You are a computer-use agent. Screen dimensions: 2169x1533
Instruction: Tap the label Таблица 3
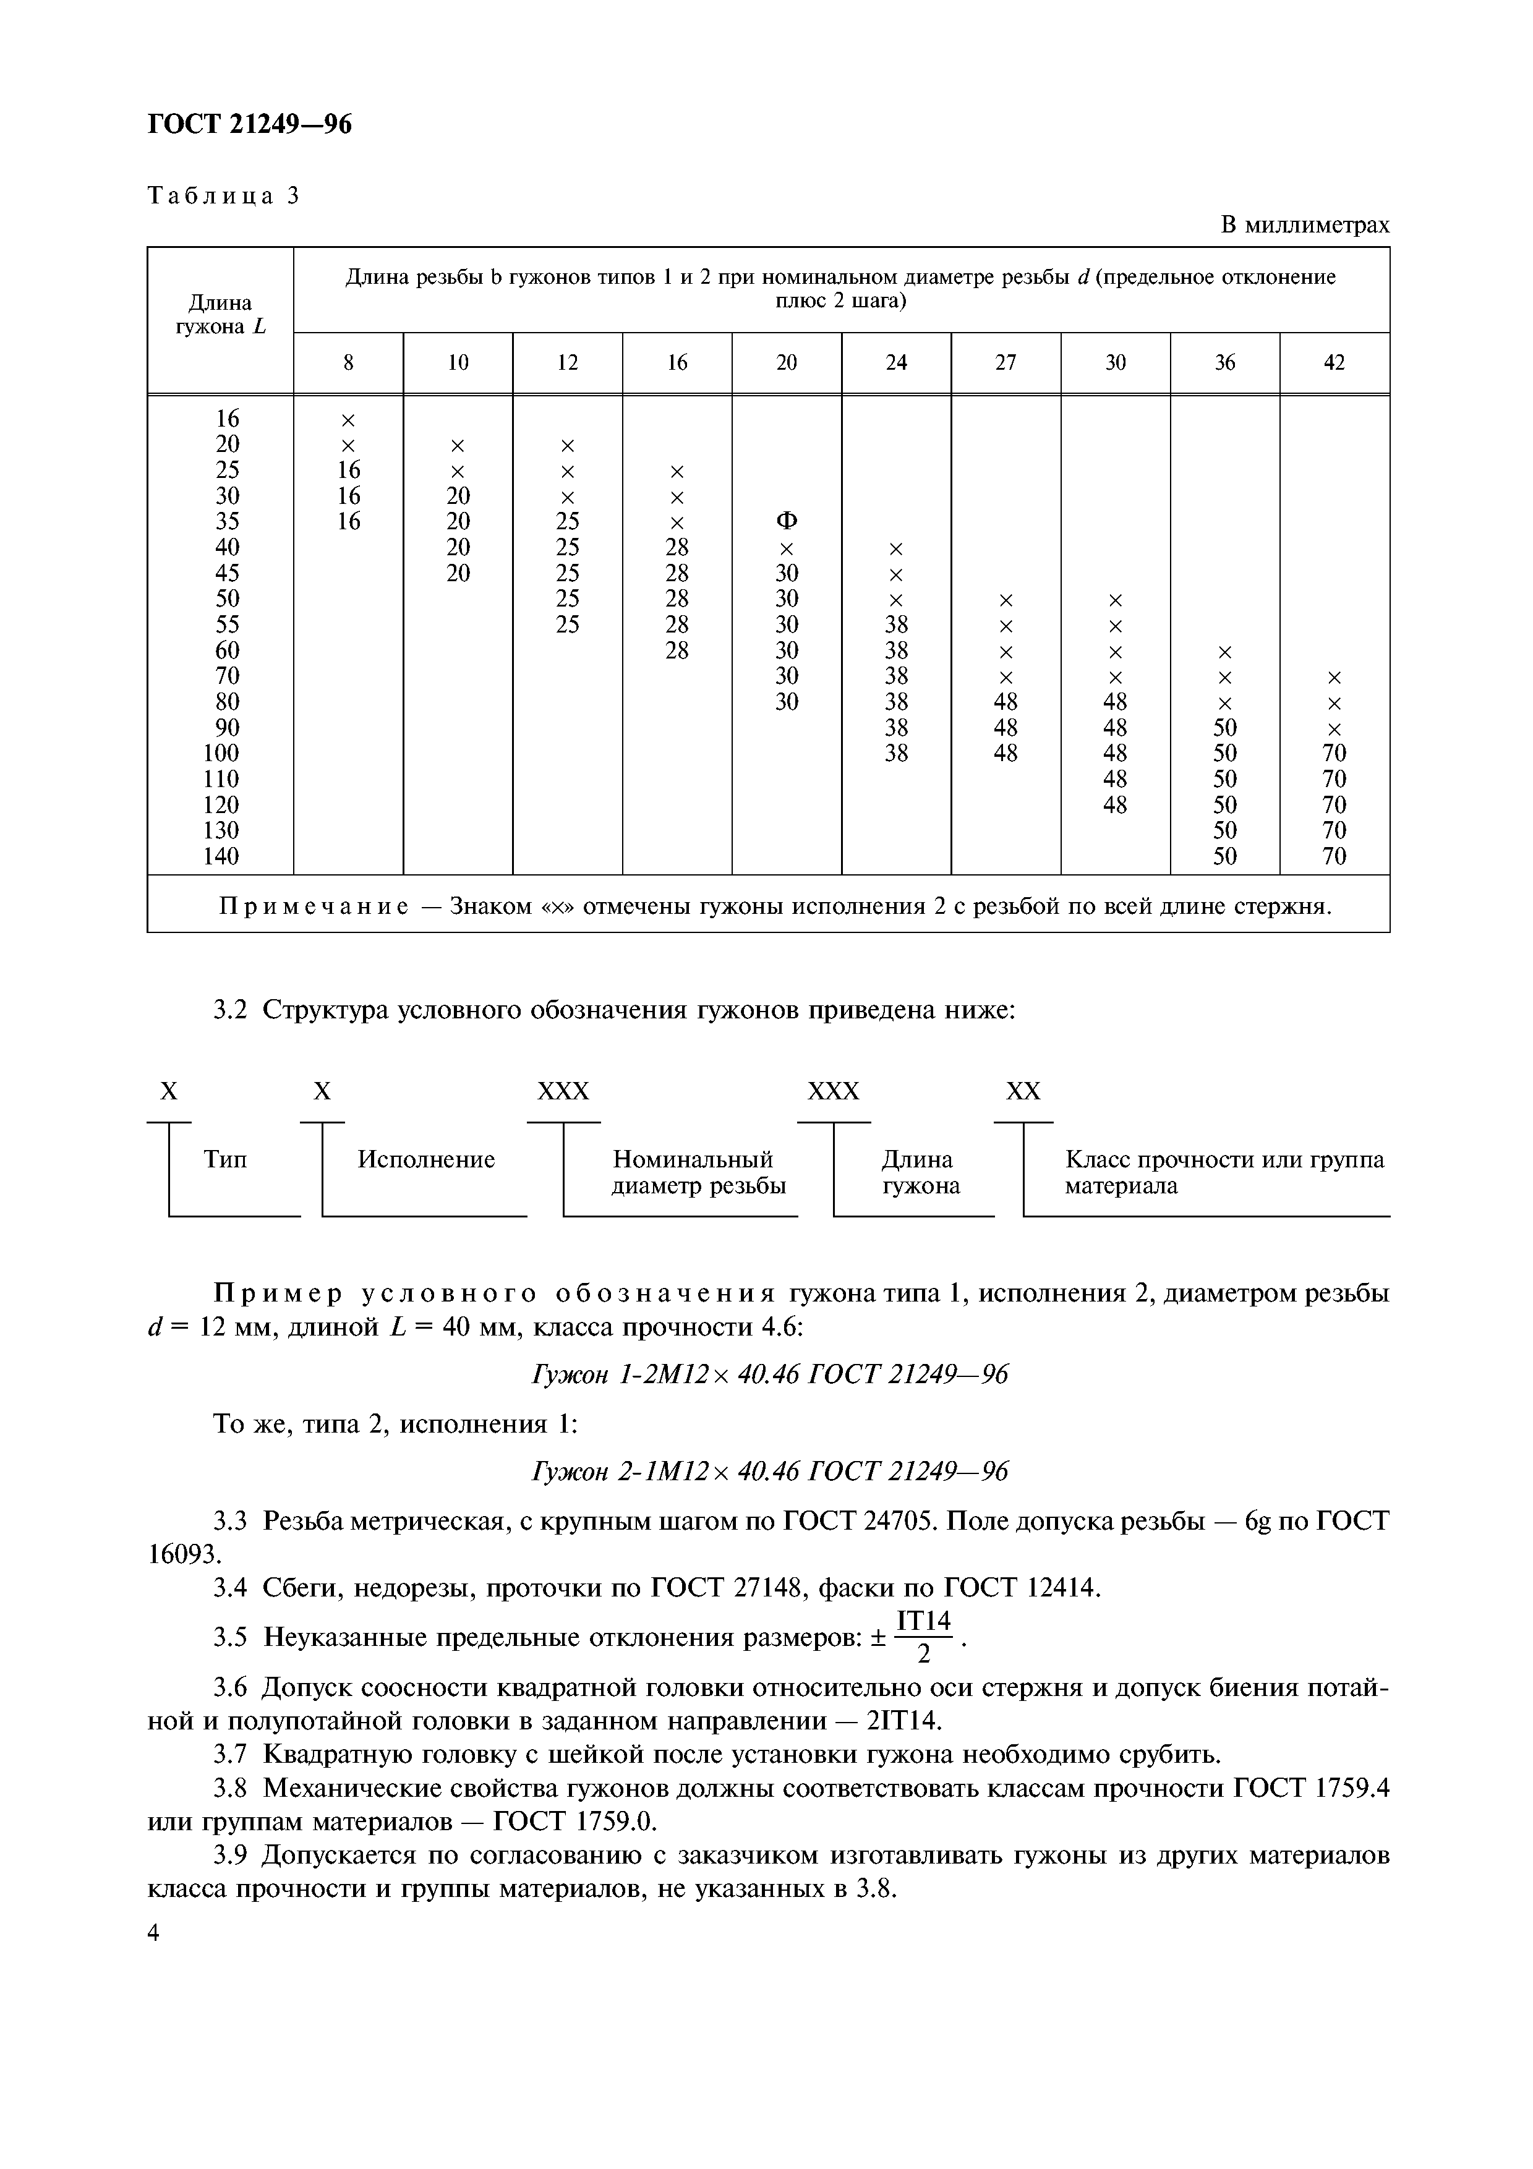[x=224, y=195]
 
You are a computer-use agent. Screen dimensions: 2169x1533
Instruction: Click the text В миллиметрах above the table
[x=1304, y=225]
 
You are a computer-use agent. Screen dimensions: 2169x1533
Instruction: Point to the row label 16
[x=227, y=419]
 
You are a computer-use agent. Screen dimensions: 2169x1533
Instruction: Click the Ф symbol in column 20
[x=786, y=521]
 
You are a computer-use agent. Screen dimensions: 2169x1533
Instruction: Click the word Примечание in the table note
[x=315, y=907]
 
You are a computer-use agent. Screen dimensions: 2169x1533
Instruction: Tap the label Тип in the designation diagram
[x=225, y=1159]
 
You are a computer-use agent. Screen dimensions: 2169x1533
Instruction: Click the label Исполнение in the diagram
[x=426, y=1159]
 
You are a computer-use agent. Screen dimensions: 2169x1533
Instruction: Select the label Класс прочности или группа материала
[x=1224, y=1172]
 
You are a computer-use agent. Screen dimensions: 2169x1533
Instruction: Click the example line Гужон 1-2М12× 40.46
[x=770, y=1374]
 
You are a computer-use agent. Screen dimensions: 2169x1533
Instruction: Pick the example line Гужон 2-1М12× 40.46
[x=770, y=1471]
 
